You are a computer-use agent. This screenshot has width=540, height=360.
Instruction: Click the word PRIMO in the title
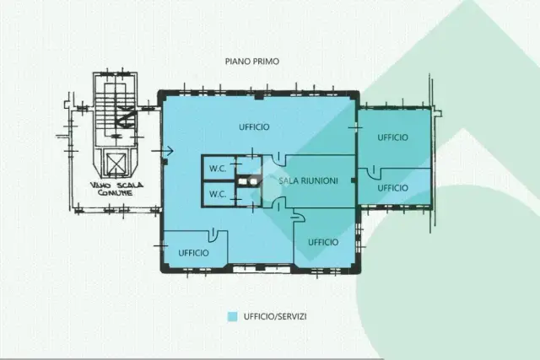click(x=266, y=62)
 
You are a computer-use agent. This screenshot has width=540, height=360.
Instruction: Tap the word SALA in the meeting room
click(x=288, y=180)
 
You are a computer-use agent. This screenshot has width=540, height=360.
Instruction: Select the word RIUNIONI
click(x=319, y=180)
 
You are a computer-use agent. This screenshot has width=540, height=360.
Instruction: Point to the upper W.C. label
click(x=218, y=169)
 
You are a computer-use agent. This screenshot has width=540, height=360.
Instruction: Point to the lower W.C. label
click(x=218, y=194)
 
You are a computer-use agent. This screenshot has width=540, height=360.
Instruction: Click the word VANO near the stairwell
click(x=100, y=185)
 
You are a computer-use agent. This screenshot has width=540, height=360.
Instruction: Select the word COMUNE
click(x=115, y=193)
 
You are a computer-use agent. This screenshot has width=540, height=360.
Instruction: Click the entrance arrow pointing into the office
click(x=162, y=150)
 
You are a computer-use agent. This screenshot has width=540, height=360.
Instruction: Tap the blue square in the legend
click(x=233, y=317)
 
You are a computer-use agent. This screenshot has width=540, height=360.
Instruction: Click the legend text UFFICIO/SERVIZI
click(x=275, y=317)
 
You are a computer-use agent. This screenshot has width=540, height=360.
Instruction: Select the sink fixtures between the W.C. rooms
click(x=249, y=181)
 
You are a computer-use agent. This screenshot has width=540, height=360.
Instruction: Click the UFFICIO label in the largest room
click(x=254, y=127)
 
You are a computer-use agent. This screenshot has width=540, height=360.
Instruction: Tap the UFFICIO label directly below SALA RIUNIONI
click(x=323, y=242)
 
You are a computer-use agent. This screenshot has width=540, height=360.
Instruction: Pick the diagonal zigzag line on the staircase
click(x=126, y=116)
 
